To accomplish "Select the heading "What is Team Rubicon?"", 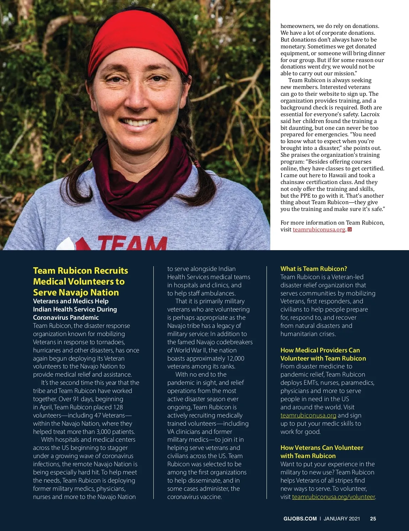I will point(314,269).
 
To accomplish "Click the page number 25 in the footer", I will point(373,518).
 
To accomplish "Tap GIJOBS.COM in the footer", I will point(300,518).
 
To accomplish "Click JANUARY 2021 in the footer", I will point(342,518).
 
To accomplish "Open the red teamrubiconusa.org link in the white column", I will point(319,229).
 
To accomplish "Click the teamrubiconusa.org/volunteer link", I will point(333,497).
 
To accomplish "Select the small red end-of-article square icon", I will point(349,229).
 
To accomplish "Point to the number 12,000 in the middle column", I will point(235,358).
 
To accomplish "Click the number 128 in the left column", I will point(118,407).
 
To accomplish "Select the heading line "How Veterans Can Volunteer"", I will point(321,447).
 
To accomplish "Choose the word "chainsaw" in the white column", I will point(292,182).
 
